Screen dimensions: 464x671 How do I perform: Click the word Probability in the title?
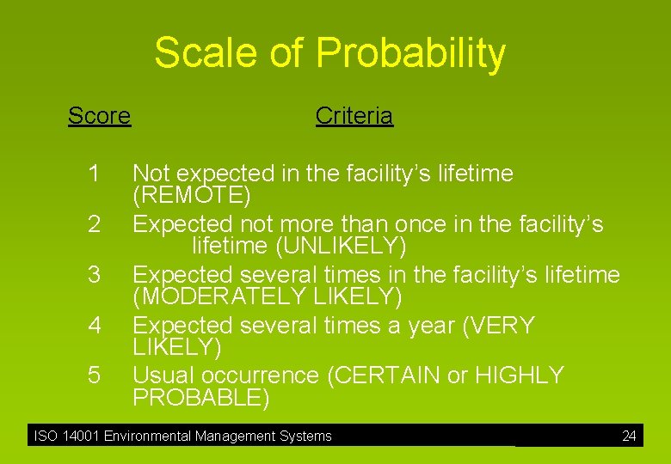(410, 53)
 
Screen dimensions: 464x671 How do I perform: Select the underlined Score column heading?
(99, 115)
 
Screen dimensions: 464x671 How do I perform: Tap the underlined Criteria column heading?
(354, 115)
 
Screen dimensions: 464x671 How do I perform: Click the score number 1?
(95, 174)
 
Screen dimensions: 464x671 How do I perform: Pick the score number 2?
(95, 224)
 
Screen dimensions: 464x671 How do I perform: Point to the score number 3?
(95, 275)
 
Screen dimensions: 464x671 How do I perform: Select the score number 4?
(95, 326)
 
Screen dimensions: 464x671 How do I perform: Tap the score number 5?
(95, 376)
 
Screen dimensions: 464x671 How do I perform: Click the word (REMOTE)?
(192, 196)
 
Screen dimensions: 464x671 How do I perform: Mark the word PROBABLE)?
(200, 398)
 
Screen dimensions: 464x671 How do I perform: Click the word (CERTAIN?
(384, 375)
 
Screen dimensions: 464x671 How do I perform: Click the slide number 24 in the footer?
(629, 436)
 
